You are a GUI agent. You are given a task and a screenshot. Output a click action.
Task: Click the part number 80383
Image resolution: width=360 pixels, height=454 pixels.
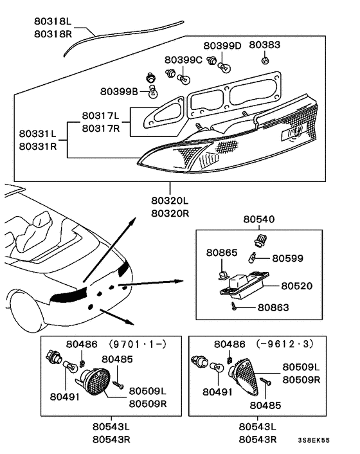tap(265, 46)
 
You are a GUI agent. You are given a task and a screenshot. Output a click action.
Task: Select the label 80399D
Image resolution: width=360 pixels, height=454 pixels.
tap(222, 46)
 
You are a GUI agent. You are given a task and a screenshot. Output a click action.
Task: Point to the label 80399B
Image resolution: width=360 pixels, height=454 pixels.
tap(119, 91)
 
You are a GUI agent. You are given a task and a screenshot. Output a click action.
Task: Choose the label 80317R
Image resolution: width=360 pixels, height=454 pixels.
tap(100, 128)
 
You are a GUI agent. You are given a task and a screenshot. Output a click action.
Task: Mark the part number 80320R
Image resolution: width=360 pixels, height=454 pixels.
tap(170, 213)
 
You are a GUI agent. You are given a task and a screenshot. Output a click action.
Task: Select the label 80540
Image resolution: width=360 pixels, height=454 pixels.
tap(259, 219)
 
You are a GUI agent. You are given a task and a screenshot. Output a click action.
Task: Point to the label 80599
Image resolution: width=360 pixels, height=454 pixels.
tap(287, 258)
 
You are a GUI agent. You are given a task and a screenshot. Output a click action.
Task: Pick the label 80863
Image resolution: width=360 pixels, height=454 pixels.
tap(273, 307)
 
